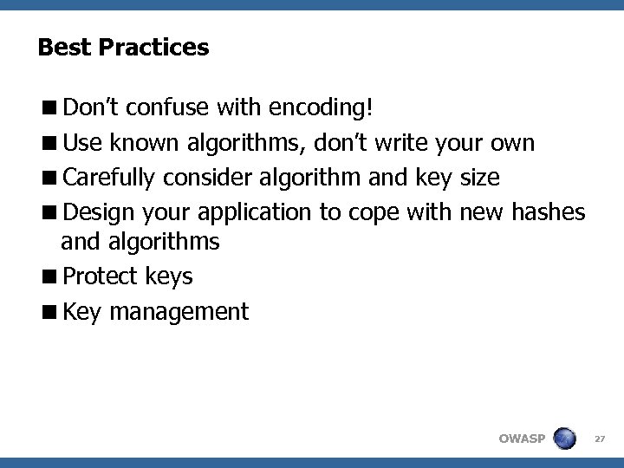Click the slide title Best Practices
click(x=123, y=47)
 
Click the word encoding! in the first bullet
click(x=322, y=108)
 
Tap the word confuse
click(x=163, y=108)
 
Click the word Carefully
click(x=109, y=178)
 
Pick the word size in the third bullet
click(x=479, y=178)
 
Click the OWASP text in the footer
click(x=522, y=439)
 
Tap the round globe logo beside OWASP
click(x=565, y=438)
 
